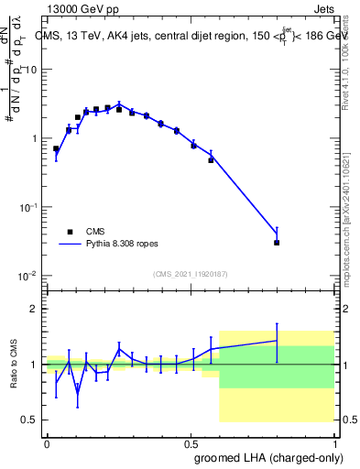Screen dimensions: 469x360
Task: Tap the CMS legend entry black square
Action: pyautogui.click(x=70, y=233)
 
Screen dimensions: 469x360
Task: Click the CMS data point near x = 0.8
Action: pyautogui.click(x=277, y=243)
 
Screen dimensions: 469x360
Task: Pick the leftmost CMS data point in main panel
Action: pyautogui.click(x=56, y=148)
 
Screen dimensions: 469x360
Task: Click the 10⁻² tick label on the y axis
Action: pyautogui.click(x=29, y=276)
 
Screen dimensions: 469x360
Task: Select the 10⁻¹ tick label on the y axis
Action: pyautogui.click(x=29, y=207)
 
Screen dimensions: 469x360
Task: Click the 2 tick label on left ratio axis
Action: pyautogui.click(x=35, y=309)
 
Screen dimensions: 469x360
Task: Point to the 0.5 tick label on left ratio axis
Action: pyautogui.click(x=31, y=420)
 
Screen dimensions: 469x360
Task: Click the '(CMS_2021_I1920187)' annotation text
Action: pyautogui.click(x=191, y=274)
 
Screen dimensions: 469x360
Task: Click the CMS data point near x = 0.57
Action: pyautogui.click(x=211, y=160)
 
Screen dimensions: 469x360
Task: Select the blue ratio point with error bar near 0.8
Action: pyautogui.click(x=277, y=341)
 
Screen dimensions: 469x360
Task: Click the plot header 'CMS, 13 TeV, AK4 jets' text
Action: pyautogui.click(x=110, y=37)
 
